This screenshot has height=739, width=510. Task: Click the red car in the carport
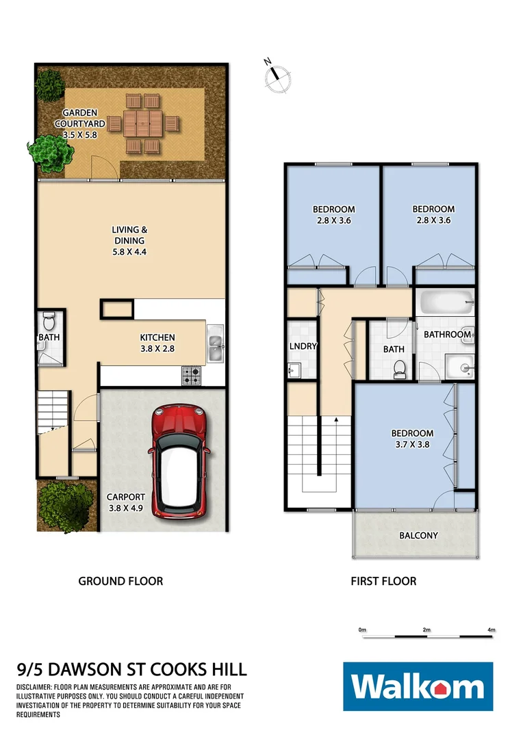point(178,460)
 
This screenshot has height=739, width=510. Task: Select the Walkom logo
point(418,687)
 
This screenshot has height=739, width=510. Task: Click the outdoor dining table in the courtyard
point(142,124)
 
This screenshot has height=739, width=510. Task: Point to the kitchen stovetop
point(191,374)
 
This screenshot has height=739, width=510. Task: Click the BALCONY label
point(418,535)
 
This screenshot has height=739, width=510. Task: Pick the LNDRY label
point(303,346)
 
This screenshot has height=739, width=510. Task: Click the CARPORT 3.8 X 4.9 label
point(125,502)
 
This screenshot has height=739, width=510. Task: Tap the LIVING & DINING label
point(129,241)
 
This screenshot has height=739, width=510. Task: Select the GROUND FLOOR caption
point(120,581)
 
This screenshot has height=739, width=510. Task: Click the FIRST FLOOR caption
point(383,581)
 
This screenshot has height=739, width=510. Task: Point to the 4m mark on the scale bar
point(491,629)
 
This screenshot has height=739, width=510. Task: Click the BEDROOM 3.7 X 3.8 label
point(412,439)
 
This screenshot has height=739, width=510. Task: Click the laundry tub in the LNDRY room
point(296,372)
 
